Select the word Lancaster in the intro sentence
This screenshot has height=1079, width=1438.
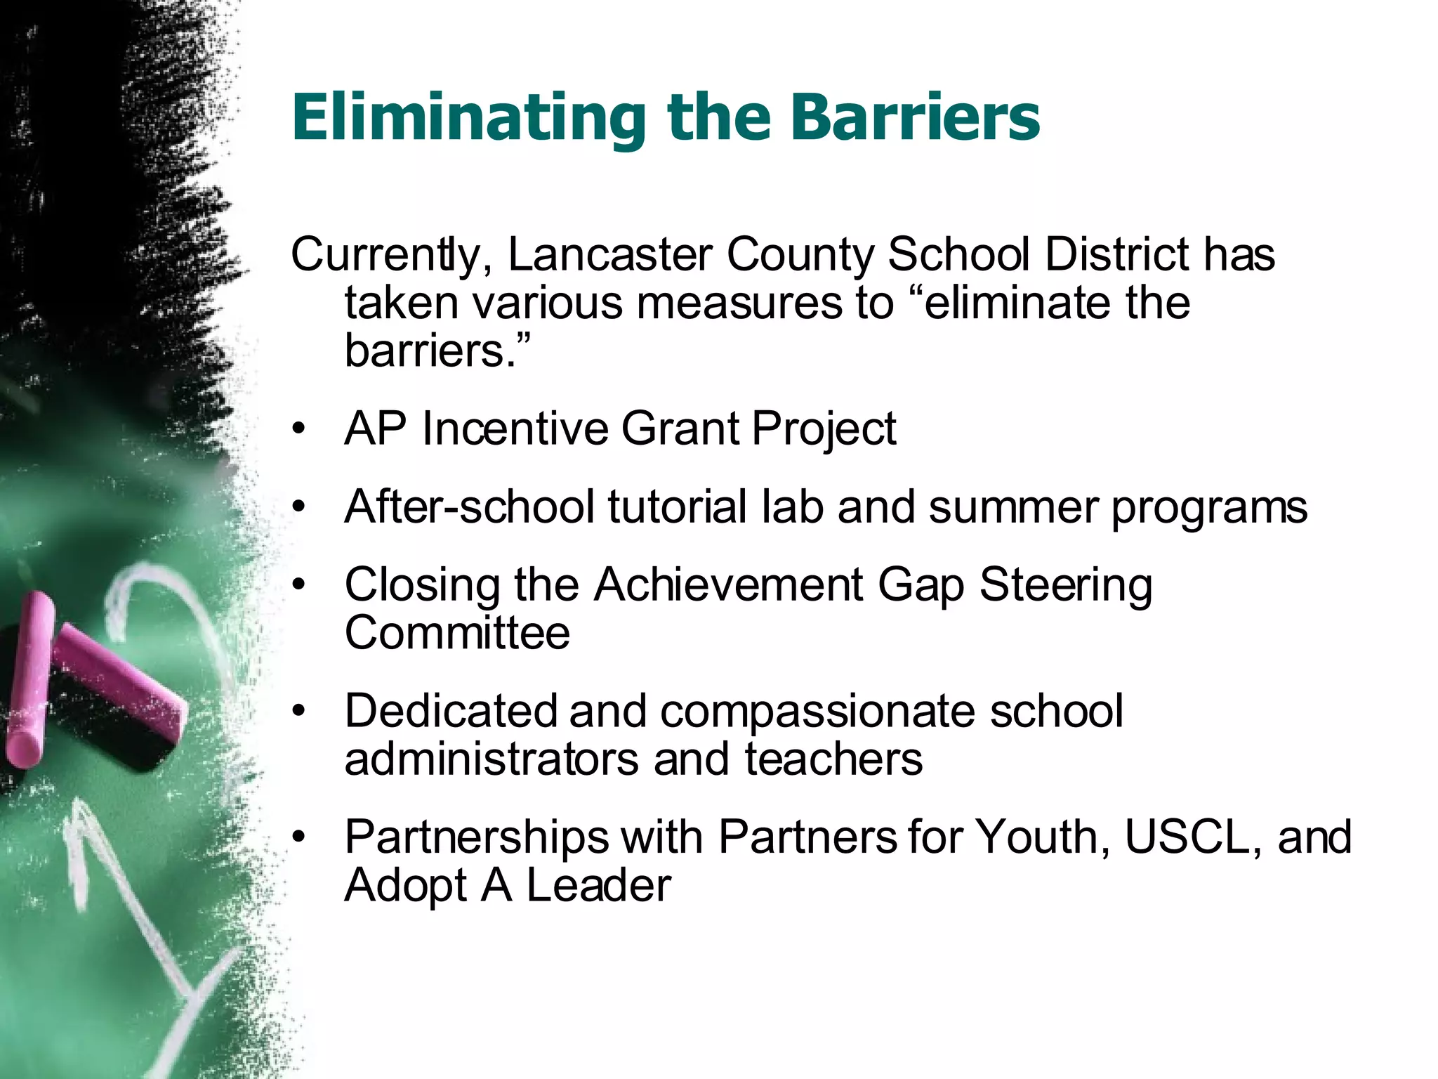pyautogui.click(x=609, y=254)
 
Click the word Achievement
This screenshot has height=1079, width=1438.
pyautogui.click(x=728, y=584)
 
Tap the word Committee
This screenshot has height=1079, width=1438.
pyautogui.click(x=457, y=632)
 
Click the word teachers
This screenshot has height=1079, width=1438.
pyautogui.click(x=833, y=759)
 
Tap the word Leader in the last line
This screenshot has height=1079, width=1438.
pyautogui.click(x=599, y=885)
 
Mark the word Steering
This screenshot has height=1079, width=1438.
pyautogui.click(x=1066, y=584)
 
